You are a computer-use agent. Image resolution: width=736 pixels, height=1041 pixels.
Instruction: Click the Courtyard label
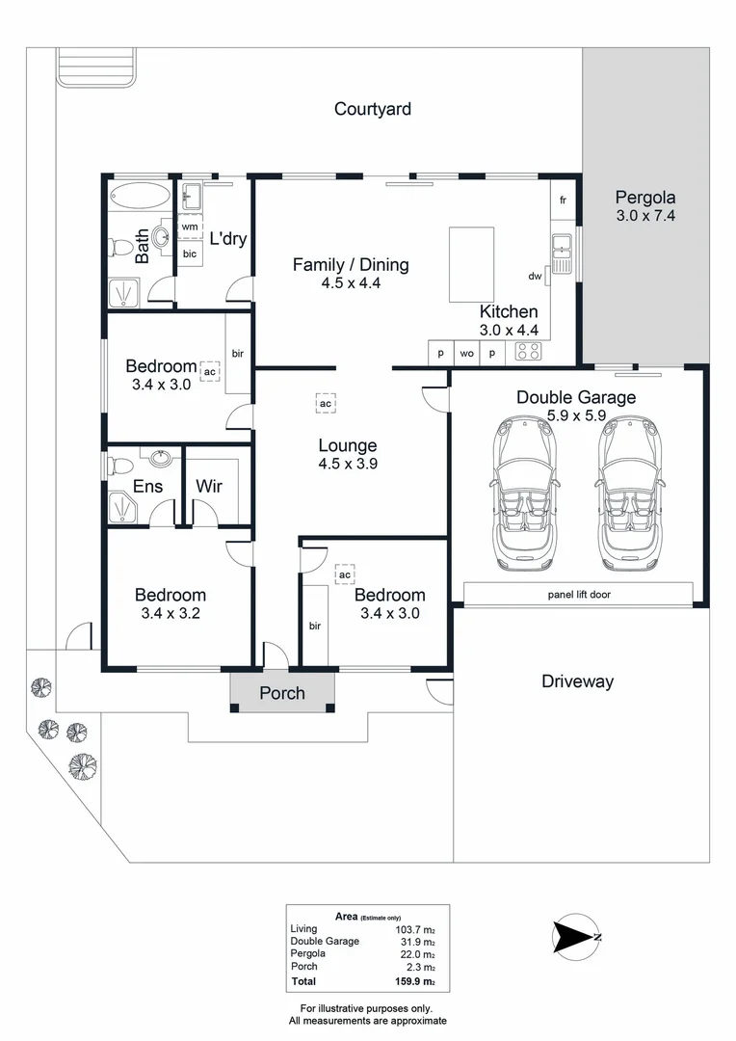(x=372, y=109)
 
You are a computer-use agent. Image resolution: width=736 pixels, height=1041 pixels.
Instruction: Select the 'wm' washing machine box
(x=190, y=227)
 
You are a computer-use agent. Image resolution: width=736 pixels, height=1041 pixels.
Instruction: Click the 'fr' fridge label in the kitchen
(x=564, y=200)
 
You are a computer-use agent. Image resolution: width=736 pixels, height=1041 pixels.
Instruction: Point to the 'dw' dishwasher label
(x=535, y=277)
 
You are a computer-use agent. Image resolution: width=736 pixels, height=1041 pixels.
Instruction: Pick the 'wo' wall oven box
(x=466, y=353)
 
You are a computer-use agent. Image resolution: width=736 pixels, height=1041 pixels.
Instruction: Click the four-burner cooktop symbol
(x=528, y=353)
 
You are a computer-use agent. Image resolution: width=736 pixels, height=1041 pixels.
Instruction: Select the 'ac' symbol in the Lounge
(x=326, y=403)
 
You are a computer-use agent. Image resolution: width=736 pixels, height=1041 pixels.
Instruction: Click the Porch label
(x=282, y=693)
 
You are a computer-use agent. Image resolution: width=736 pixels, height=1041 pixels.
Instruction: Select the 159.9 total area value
(x=415, y=982)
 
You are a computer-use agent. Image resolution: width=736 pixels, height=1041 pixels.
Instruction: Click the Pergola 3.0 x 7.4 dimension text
(x=645, y=217)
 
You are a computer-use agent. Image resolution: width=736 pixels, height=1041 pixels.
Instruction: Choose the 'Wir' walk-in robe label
(x=209, y=486)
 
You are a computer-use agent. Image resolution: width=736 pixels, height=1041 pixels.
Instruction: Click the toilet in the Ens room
(x=120, y=467)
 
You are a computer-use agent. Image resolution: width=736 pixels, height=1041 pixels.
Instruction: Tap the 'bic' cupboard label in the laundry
(x=190, y=254)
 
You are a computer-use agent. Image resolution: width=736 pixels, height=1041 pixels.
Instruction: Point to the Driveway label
(x=577, y=681)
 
